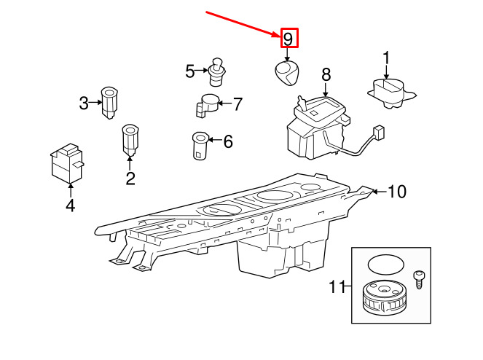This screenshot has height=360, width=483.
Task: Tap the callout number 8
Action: [x=326, y=75]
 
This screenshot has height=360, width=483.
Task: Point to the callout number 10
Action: [x=397, y=192]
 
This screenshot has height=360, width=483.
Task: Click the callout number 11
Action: [x=337, y=286]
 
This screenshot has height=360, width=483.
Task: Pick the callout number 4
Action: [x=71, y=206]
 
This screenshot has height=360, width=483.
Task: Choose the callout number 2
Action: [x=130, y=178]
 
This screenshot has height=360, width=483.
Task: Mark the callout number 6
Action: [x=228, y=141]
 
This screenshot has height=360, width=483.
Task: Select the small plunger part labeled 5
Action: [x=216, y=72]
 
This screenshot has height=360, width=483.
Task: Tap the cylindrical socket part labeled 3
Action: [x=109, y=103]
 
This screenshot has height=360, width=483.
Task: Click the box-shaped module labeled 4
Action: [x=67, y=163]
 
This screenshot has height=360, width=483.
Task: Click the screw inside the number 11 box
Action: [x=418, y=280]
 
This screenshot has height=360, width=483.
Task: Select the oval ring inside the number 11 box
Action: [x=385, y=264]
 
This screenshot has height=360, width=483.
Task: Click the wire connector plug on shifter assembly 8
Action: [x=378, y=132]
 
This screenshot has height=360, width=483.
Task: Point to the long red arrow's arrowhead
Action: [x=276, y=34]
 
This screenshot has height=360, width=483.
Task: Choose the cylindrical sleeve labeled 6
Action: [x=200, y=146]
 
